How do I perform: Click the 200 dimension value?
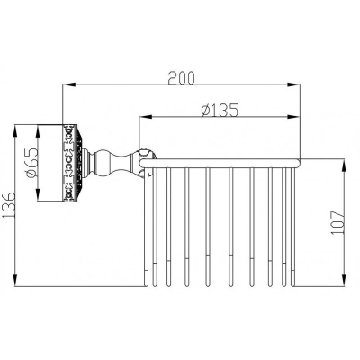tap(181, 78)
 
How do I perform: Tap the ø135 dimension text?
tap(220, 110)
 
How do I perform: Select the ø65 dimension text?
tap(32, 162)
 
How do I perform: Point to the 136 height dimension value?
tap(8, 205)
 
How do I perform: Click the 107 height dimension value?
tap(337, 222)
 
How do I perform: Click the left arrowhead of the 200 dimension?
tap(68, 85)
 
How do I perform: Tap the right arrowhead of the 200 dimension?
tap(293, 85)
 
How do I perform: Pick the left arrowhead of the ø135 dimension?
tap(145, 117)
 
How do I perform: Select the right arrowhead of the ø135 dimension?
tap(293, 117)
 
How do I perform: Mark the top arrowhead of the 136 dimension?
tap(15, 131)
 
